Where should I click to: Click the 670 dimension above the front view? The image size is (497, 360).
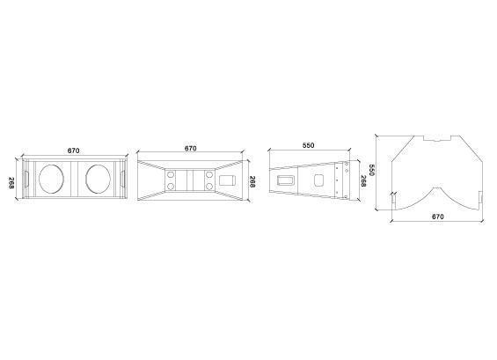(x=74, y=151)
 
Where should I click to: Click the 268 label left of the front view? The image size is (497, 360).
(x=11, y=183)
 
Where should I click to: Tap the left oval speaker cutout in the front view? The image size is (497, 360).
(x=51, y=179)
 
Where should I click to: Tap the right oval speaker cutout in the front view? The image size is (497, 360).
(x=99, y=179)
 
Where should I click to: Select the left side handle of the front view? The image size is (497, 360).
(x=26, y=180)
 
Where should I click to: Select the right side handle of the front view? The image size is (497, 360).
(x=122, y=180)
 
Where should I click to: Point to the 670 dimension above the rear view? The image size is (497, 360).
(x=191, y=148)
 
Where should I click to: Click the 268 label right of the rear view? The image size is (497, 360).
(x=252, y=181)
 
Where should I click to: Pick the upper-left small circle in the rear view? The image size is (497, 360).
(x=171, y=174)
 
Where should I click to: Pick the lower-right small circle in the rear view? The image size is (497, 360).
(x=208, y=187)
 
